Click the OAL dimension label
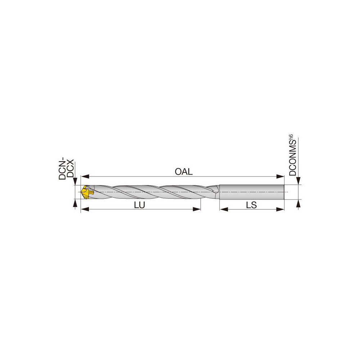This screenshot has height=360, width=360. [184, 172]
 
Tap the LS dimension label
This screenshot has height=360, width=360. [251, 204]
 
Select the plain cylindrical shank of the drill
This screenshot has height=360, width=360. [252, 192]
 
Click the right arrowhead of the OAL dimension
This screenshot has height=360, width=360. [280, 176]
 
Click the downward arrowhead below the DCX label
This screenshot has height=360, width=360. [75, 181]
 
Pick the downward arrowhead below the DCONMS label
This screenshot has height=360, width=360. [298, 181]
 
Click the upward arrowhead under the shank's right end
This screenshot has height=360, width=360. [298, 203]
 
